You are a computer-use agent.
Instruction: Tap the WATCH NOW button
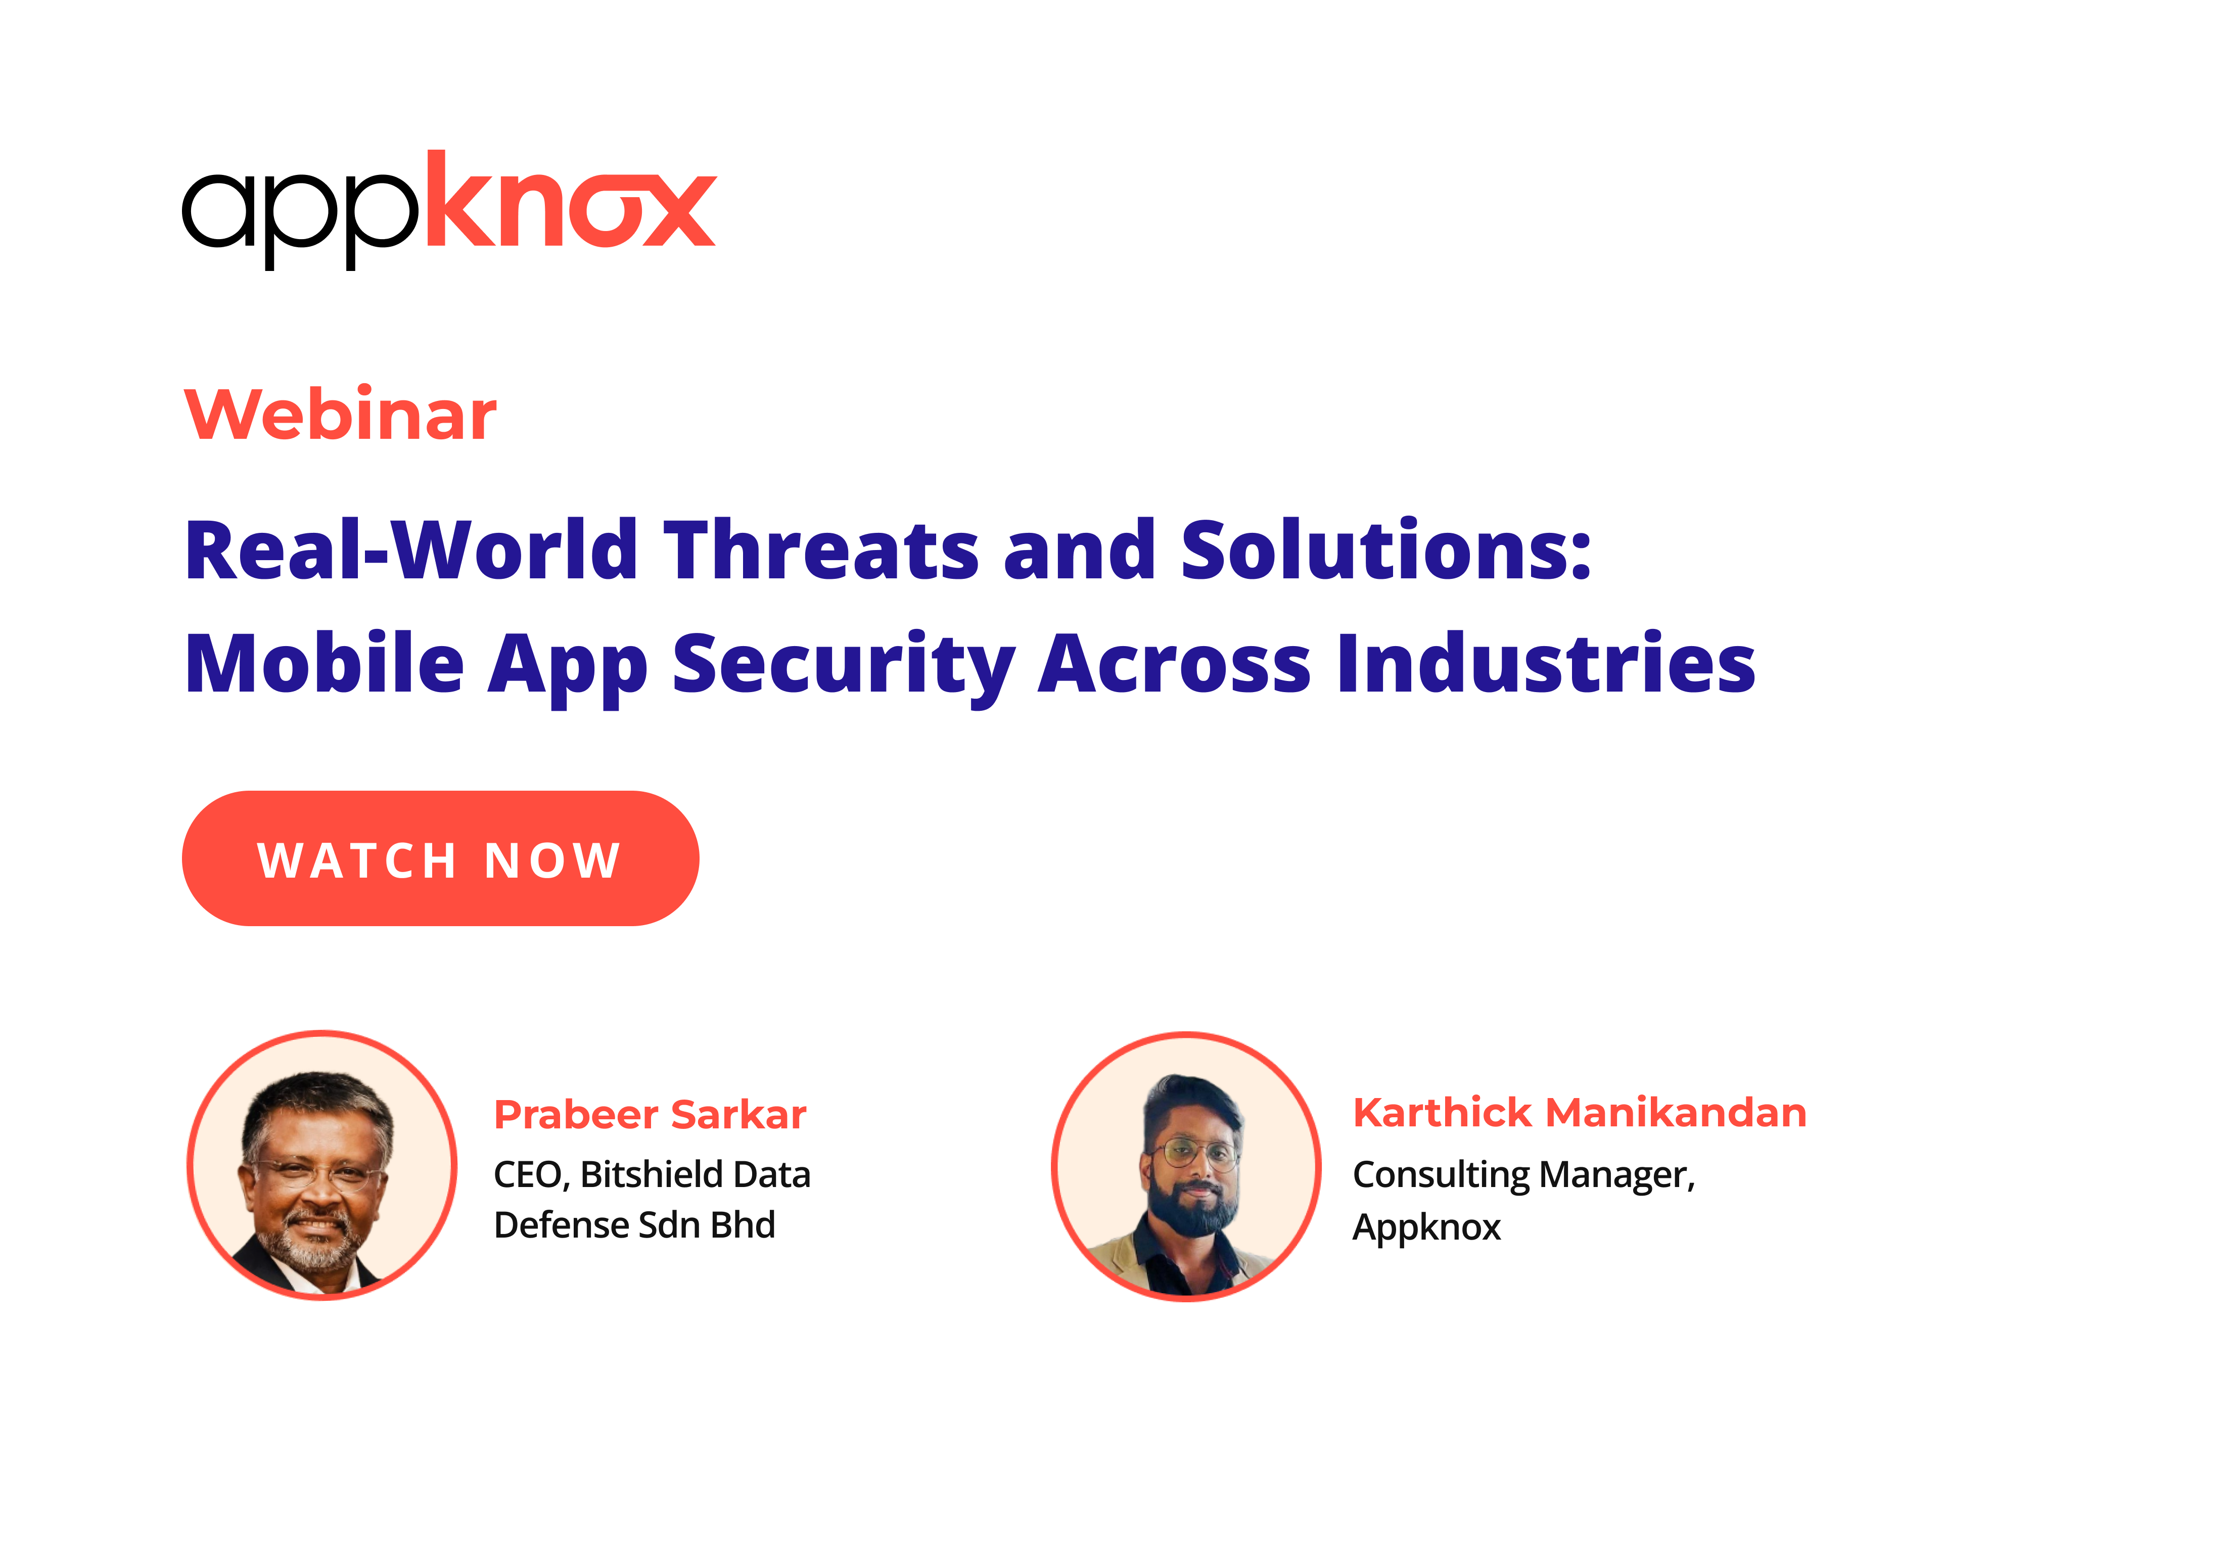pyautogui.click(x=440, y=858)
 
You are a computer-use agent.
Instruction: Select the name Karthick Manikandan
pyautogui.click(x=1580, y=1112)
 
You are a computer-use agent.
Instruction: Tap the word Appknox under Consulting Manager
pyautogui.click(x=1426, y=1228)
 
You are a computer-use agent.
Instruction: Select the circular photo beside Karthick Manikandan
pyautogui.click(x=1186, y=1167)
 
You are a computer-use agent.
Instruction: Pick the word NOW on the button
pyautogui.click(x=553, y=859)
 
